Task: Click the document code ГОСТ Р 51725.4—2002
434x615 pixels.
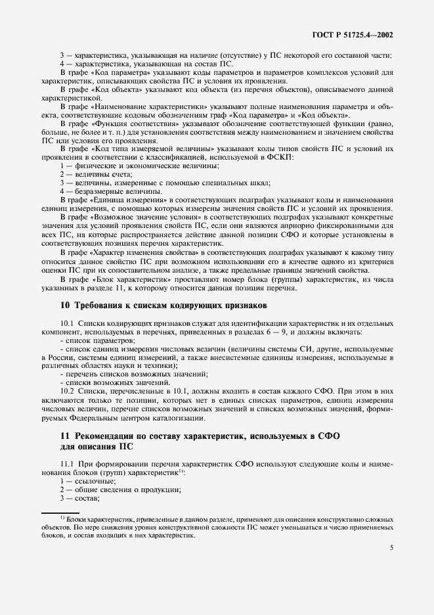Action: click(x=357, y=32)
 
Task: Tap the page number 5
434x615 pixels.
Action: click(x=391, y=547)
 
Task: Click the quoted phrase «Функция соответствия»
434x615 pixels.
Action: click(x=132, y=122)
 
